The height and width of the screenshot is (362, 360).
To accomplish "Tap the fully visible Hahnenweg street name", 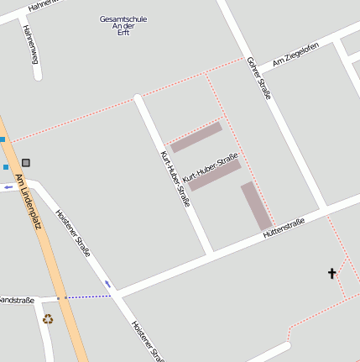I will point(31,43).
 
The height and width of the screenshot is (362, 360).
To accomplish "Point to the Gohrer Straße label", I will point(259,78).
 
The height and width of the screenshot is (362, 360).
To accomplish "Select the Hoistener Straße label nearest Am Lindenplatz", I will point(73,232).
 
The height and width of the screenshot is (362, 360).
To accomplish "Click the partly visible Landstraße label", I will point(16,300).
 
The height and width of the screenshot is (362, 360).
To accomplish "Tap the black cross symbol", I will point(331,273).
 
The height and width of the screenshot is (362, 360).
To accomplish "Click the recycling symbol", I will point(48,318).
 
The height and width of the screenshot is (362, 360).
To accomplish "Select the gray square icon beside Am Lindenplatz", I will point(26,162).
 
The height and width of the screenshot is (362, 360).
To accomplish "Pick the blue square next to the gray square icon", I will point(6,167).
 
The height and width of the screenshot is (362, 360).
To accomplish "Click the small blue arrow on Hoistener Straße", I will point(107,284).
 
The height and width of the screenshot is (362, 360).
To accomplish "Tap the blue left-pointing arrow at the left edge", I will point(8,186).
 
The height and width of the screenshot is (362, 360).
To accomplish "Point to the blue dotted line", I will point(89,296).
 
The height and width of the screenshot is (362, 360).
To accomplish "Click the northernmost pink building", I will point(196,137).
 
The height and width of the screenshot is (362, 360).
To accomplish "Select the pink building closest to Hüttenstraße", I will point(256,206).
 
